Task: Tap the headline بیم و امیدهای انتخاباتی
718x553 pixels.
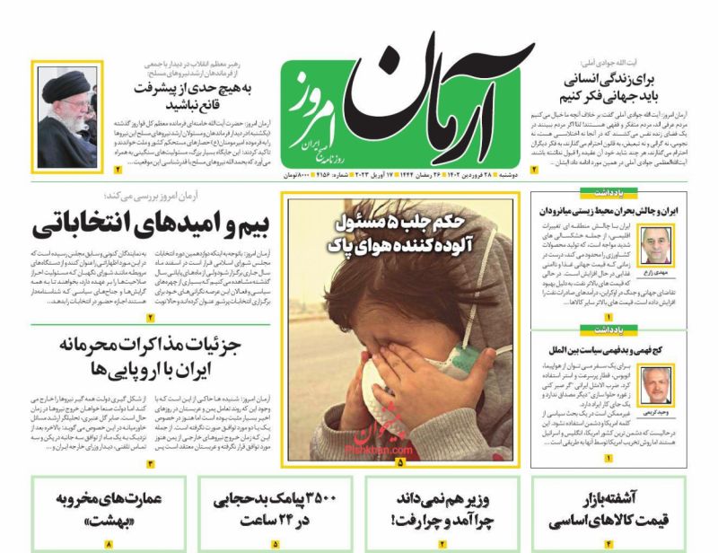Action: [139, 224]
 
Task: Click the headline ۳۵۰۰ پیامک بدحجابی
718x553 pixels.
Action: [274, 508]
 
